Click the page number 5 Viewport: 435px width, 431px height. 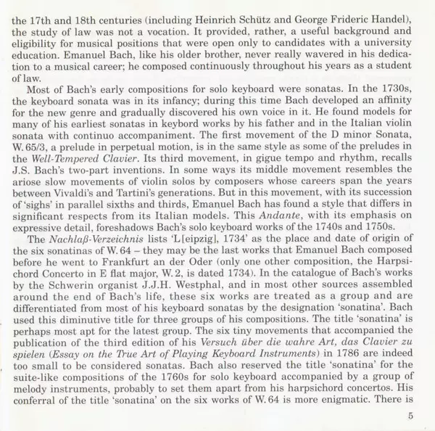(410, 416)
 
